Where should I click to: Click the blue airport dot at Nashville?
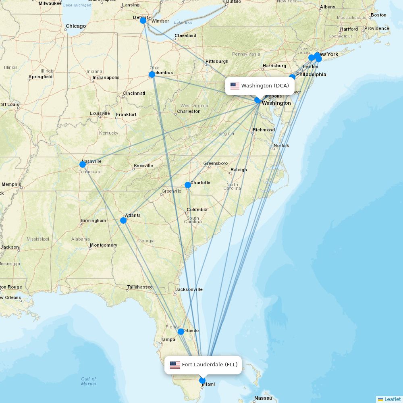pyautogui.click(x=83, y=164)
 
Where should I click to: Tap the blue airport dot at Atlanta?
pyautogui.click(x=123, y=220)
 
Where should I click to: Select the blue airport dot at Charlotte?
pyautogui.click(x=188, y=185)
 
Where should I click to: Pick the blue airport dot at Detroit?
pyautogui.click(x=143, y=20)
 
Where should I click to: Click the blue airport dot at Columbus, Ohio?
pyautogui.click(x=152, y=75)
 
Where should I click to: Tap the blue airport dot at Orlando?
pyautogui.click(x=181, y=332)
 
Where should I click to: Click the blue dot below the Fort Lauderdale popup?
pyautogui.click(x=202, y=380)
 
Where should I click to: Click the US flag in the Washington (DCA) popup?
pyautogui.click(x=235, y=86)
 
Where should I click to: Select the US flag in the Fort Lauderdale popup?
pyautogui.click(x=175, y=365)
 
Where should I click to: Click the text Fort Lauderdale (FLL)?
pyautogui.click(x=210, y=365)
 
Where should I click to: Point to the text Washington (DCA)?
pyautogui.click(x=265, y=86)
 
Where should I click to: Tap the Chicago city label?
pyautogui.click(x=76, y=26)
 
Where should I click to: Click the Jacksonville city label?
pyautogui.click(x=189, y=289)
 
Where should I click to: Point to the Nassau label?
pyautogui.click(x=263, y=398)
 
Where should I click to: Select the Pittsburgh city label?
pyautogui.click(x=217, y=62)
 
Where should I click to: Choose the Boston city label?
pyautogui.click(x=378, y=15)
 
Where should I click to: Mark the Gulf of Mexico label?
pyautogui.click(x=89, y=381)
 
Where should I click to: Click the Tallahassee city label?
pyautogui.click(x=140, y=287)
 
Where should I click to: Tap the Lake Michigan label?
pyautogui.click(x=77, y=5)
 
